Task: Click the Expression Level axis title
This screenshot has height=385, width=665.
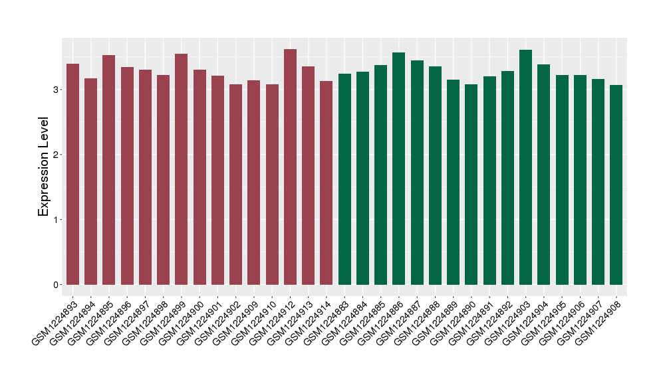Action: point(44,167)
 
